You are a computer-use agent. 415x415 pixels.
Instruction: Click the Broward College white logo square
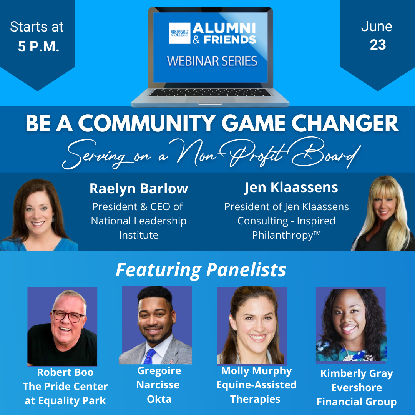[180, 33]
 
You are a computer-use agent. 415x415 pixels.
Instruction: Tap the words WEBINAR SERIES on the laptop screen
[212, 61]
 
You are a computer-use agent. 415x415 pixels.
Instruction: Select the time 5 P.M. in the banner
[38, 46]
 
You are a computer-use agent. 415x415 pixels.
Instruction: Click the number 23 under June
[378, 45]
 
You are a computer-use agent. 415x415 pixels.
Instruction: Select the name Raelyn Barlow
[139, 188]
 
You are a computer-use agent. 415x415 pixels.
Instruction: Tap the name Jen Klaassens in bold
[291, 188]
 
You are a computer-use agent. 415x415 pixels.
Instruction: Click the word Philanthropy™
[286, 235]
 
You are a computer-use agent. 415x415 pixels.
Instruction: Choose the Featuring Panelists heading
[201, 270]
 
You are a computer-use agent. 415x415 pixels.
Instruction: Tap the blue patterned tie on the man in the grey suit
[150, 357]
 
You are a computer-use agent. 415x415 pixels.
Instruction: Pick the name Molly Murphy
[256, 371]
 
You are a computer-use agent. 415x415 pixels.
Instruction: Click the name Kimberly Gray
[357, 373]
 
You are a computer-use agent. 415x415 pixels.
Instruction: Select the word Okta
[159, 399]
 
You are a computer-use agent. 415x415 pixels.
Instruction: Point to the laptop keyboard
[210, 93]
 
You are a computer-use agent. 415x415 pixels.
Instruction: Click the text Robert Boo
[65, 372]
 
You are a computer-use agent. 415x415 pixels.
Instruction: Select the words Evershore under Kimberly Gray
[357, 388]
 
